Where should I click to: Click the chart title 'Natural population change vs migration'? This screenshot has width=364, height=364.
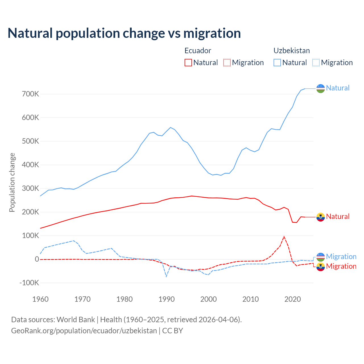coord(124,33)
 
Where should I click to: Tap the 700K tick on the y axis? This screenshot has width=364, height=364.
coord(30,94)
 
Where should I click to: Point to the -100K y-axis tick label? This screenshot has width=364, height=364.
coord(29,283)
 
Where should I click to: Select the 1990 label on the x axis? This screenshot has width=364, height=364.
coord(167,299)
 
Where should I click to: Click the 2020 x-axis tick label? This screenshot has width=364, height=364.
coord(293,299)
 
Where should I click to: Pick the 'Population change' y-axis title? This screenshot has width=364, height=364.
coord(12,182)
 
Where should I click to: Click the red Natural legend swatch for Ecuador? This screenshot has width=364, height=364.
coord(188,63)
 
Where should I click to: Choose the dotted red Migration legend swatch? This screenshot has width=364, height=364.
coord(227,63)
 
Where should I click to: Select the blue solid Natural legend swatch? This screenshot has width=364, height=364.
coord(277,63)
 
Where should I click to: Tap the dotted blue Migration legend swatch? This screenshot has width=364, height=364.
coord(316,63)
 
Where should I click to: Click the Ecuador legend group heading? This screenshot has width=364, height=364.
coord(198,51)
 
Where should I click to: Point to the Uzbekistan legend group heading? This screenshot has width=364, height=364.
coord(291,51)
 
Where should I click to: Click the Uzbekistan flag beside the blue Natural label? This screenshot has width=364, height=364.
coord(320,88)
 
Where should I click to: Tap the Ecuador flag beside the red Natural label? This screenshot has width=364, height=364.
coord(320,217)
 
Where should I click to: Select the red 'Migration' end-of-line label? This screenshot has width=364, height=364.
coord(341,266)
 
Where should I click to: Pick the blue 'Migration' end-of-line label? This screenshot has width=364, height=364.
coord(341,257)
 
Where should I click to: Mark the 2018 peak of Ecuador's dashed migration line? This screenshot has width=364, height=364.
coord(284,237)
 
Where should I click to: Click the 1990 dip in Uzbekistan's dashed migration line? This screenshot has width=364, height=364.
coord(166,276)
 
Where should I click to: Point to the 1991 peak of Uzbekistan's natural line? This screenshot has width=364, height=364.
coord(171,127)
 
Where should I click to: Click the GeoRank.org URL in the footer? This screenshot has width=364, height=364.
coord(84,331)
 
